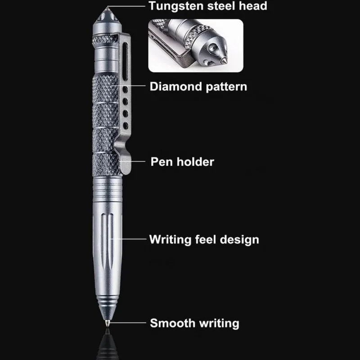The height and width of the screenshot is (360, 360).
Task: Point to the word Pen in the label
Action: [x=160, y=161]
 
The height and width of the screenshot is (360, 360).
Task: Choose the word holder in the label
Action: [x=194, y=161]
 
